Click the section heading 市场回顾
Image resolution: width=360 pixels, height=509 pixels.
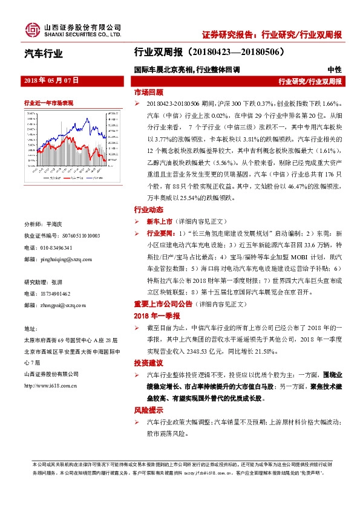click(x=148, y=93)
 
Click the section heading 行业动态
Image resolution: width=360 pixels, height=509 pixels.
click(x=148, y=210)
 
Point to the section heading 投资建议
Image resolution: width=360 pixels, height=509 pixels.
click(x=148, y=365)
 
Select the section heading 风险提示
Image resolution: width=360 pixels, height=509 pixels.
click(x=148, y=410)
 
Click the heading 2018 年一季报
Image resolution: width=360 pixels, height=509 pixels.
click(x=157, y=315)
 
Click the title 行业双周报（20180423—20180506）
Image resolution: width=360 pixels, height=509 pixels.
click(x=209, y=53)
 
